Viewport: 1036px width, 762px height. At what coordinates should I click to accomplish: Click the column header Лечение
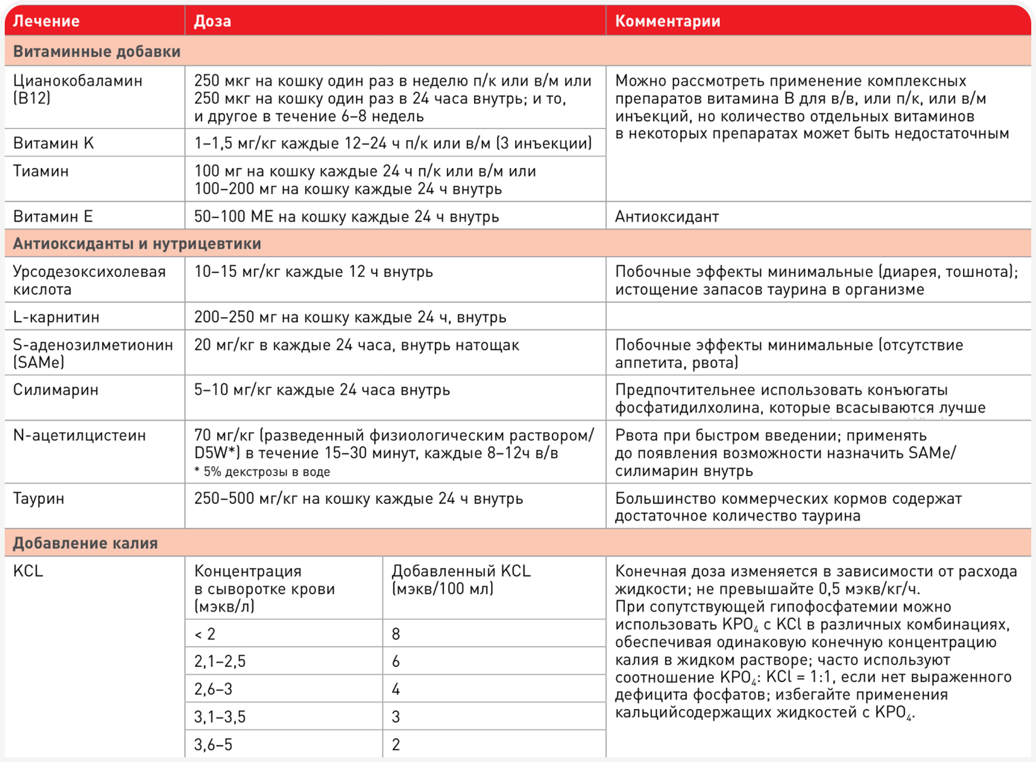[x=46, y=21]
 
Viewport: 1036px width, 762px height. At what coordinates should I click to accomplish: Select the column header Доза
[x=213, y=21]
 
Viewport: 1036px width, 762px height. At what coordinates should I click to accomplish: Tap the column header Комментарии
[x=667, y=21]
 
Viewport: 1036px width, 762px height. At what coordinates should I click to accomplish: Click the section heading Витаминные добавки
[x=97, y=52]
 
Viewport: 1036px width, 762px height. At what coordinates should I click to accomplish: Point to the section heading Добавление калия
[x=86, y=543]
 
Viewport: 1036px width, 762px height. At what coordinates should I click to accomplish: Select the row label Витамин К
[x=53, y=143]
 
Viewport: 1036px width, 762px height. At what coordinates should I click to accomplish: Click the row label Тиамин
[x=41, y=171]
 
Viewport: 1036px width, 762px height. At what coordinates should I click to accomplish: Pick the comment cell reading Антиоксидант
[x=667, y=216]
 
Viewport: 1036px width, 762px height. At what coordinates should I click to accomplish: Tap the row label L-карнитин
[x=56, y=317]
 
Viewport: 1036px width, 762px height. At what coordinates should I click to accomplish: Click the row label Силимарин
[x=56, y=390]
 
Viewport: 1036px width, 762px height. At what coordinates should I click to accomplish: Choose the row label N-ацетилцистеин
[x=80, y=436]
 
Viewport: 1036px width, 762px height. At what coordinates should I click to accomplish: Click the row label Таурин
[x=39, y=498]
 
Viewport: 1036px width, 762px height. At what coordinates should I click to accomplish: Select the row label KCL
[x=28, y=571]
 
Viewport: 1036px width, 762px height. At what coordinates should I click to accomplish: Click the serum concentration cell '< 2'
[x=205, y=634]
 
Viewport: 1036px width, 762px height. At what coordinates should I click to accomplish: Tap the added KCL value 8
[x=396, y=634]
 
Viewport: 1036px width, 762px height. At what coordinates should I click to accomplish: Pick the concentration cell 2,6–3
[x=213, y=689]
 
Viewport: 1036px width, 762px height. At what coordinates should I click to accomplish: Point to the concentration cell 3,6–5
[x=213, y=745]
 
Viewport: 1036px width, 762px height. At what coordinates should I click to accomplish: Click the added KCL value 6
[x=396, y=662]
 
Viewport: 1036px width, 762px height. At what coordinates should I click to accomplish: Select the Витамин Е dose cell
[x=346, y=216]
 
